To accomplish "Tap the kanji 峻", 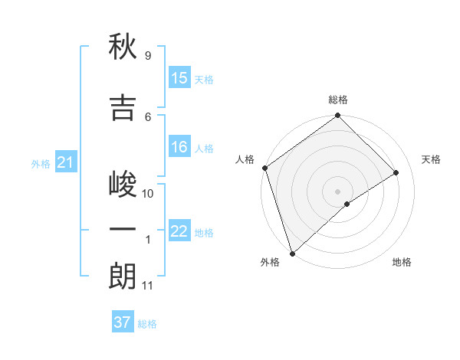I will pos(123,185).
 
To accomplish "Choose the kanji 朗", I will pos(123,277).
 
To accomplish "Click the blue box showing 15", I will pos(179,78).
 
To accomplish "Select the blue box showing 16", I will pos(179,147).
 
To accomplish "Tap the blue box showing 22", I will pos(179,231).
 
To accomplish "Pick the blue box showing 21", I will pos(65,162).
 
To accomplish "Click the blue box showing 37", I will pos(123,322).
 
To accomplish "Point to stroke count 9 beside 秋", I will pos(147,56).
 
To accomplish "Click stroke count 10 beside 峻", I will pos(148,194).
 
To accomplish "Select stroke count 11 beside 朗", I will pos(147,286).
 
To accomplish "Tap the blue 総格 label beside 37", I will pos(147,324).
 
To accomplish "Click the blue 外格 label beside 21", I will pos(41,163).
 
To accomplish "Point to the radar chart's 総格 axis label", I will pos(337,100).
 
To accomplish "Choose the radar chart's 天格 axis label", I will pos(432,159).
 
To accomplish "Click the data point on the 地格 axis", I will pos(347,204).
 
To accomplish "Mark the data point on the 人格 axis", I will pos(264,168).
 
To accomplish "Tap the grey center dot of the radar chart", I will pos(337,191).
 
